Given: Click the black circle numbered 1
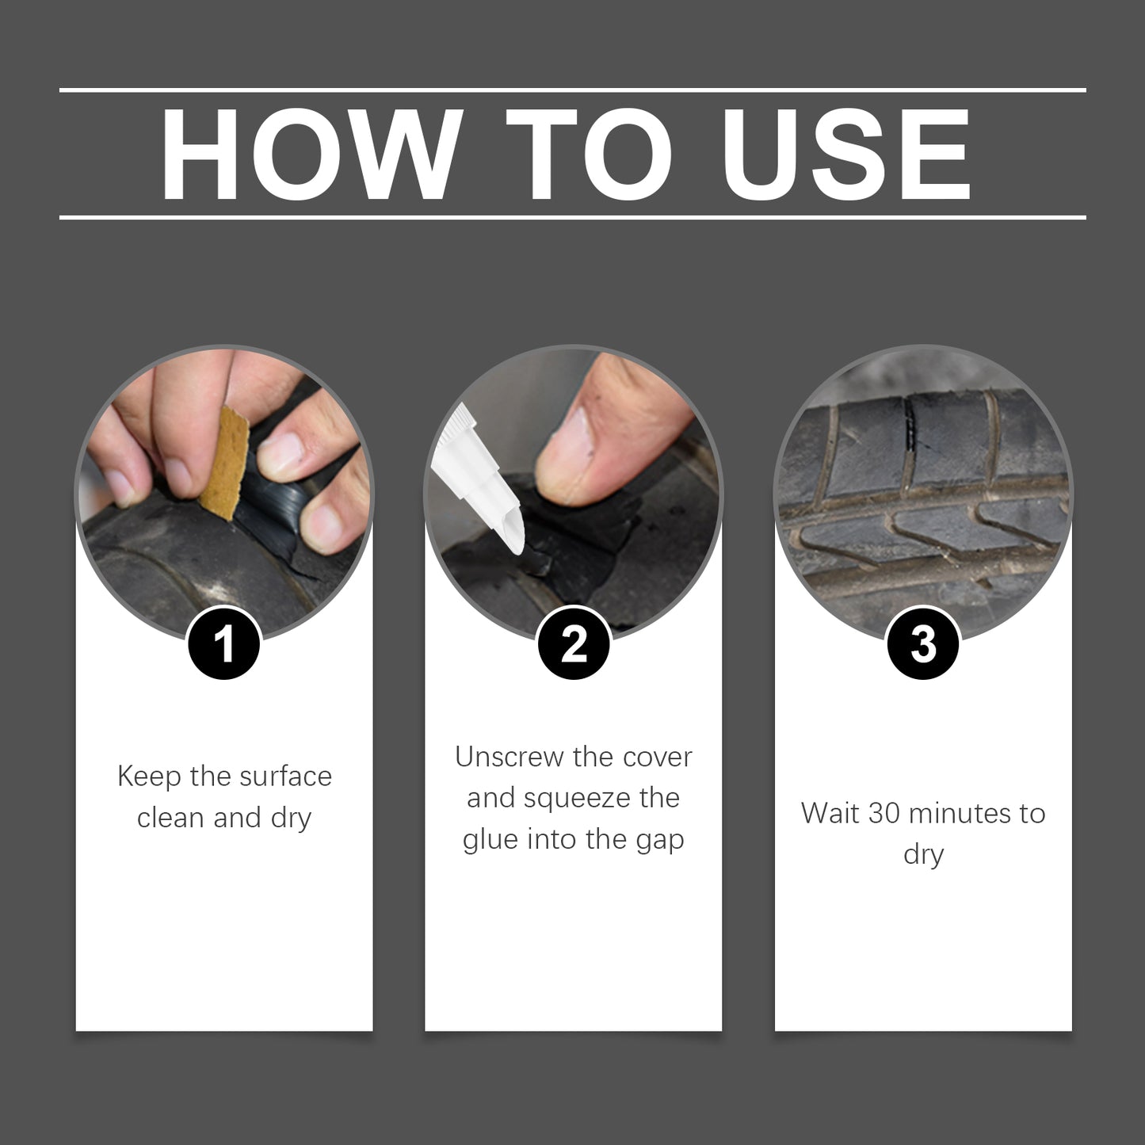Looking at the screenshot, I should (224, 643).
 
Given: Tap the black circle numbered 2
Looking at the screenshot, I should (574, 643).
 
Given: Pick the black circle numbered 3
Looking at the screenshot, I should (923, 643).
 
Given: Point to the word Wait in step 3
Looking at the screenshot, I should (830, 813).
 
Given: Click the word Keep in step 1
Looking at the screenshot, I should (149, 777).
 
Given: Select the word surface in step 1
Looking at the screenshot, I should (285, 777).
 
